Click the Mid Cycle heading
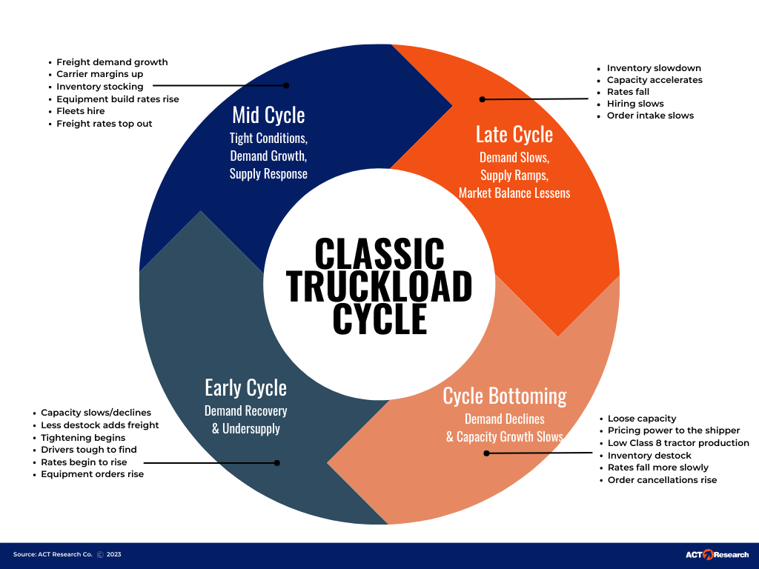[x=268, y=115]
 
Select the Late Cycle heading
[x=514, y=135]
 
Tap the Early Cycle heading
[x=245, y=388]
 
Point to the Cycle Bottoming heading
[x=505, y=396]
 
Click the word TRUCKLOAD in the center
[x=379, y=286]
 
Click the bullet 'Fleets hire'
[x=80, y=111]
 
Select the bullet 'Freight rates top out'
[x=104, y=124]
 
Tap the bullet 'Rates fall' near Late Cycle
[x=628, y=92]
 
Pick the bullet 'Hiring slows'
[x=635, y=104]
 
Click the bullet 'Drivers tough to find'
[x=89, y=450]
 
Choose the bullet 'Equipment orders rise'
[x=92, y=474]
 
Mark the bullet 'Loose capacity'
[x=642, y=419]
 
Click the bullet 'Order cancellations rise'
[x=662, y=480]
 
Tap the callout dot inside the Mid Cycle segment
[x=286, y=86]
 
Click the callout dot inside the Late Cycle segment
[x=482, y=99]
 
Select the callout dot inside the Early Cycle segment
[x=277, y=463]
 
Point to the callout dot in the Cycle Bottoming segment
[x=486, y=453]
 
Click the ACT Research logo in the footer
[x=717, y=554]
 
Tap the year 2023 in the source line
[x=113, y=554]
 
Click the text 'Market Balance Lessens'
[x=514, y=193]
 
